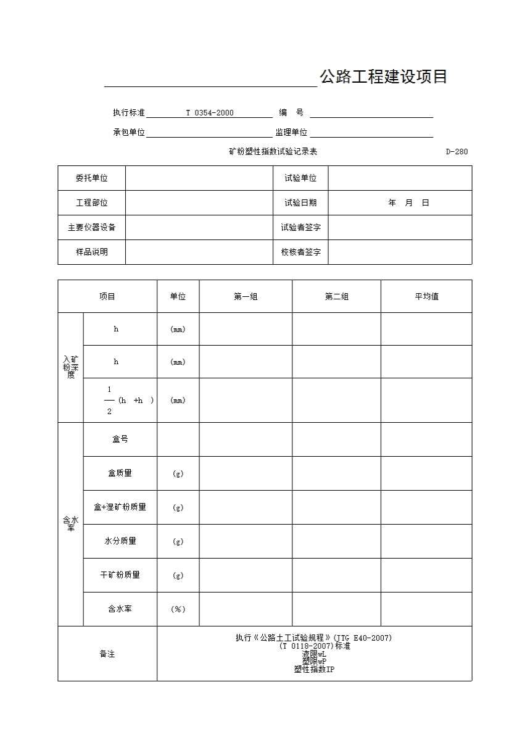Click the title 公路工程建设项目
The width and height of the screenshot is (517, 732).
coord(383,77)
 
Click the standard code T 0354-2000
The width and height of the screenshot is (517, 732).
coord(210,113)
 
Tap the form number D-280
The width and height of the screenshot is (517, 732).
coord(457,152)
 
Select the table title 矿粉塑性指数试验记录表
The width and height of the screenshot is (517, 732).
coord(273,152)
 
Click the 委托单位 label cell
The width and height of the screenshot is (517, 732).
coord(91,178)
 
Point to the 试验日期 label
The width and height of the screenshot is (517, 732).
coord(300,203)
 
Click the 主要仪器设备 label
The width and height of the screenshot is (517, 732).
coord(91,228)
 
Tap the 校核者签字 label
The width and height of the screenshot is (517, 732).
coord(300,252)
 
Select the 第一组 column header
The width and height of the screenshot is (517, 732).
coord(246,297)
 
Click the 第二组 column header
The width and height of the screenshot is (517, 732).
coord(336,297)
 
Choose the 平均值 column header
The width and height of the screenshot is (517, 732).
coord(426,297)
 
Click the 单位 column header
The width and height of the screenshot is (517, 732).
coord(178,297)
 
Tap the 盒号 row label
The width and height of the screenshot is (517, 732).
coord(120,439)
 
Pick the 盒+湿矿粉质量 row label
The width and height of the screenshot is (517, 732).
coord(120,507)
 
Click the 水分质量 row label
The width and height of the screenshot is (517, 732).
coord(120,541)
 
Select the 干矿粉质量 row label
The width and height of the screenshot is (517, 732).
coord(120,575)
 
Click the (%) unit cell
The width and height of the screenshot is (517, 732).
coord(178,609)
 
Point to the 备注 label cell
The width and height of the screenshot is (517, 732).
coord(107,654)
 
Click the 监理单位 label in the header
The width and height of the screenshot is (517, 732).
coord(291,133)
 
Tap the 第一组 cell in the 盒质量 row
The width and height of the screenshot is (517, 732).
coord(246,473)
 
